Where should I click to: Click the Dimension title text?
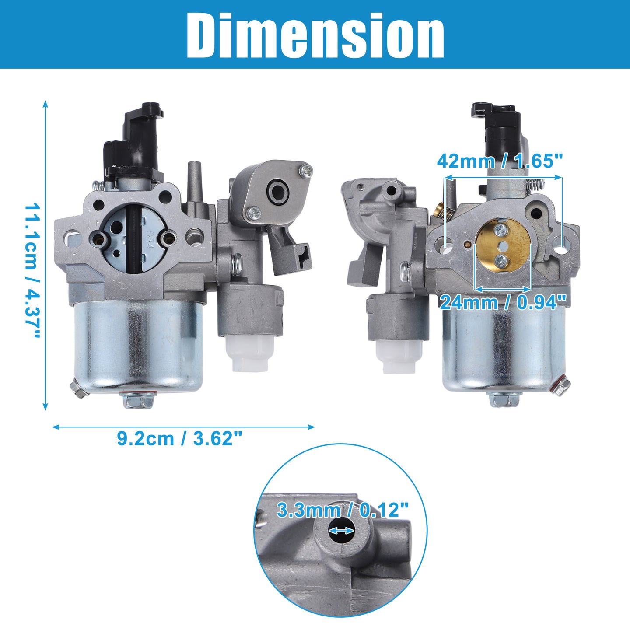(x=315, y=35)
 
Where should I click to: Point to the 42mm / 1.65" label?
(x=500, y=161)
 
